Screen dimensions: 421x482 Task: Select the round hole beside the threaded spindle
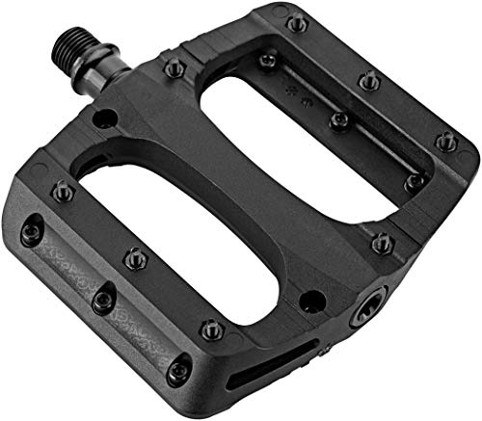click(105, 119)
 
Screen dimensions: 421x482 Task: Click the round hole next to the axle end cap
click(310, 299)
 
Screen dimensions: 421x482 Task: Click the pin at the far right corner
click(444, 141)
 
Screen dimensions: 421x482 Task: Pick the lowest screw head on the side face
click(178, 372)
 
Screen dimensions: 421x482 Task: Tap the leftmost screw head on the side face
click(31, 230)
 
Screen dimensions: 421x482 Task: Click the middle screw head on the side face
click(101, 302)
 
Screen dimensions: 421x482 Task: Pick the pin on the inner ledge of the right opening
click(338, 120)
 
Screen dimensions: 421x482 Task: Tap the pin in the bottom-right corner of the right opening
click(414, 180)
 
